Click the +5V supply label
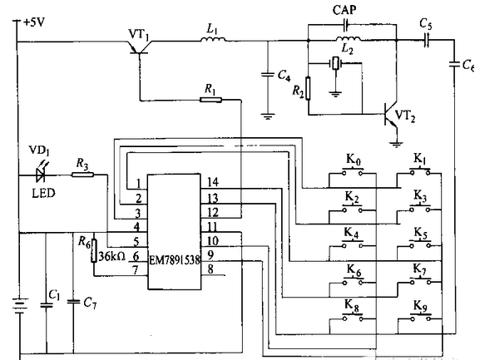(x=34, y=22)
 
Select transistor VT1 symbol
(x=140, y=49)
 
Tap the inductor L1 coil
(x=213, y=39)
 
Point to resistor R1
(x=210, y=100)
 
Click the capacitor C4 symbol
(x=268, y=74)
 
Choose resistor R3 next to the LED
(x=82, y=175)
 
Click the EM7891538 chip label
(x=175, y=260)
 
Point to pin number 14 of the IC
(x=213, y=182)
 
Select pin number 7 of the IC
(x=135, y=269)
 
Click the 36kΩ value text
(x=112, y=256)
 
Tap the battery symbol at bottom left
(x=20, y=306)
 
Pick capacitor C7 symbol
(x=73, y=302)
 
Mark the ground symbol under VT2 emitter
(x=397, y=144)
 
